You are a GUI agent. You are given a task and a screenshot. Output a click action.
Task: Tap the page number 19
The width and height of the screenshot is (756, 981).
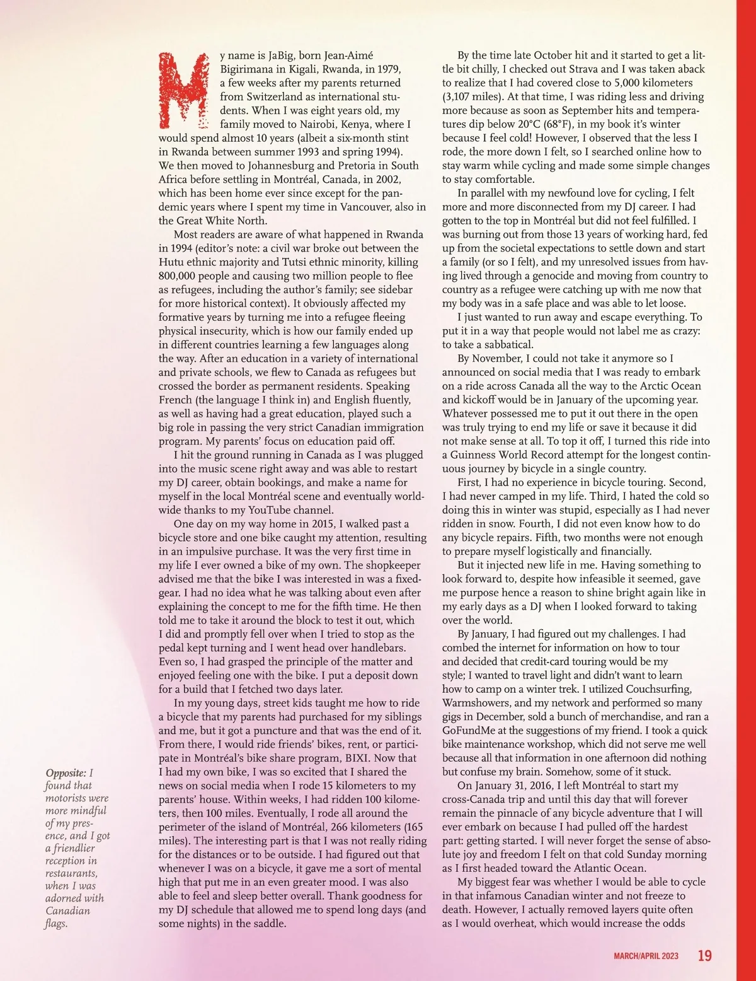[x=705, y=956]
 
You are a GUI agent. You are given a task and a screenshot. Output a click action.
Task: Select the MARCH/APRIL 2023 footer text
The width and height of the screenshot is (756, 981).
[x=646, y=956]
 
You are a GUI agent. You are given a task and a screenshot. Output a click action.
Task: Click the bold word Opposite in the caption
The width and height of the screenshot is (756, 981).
[x=66, y=773]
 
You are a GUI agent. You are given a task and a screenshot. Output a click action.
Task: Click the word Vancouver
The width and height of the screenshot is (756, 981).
[x=365, y=207]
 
